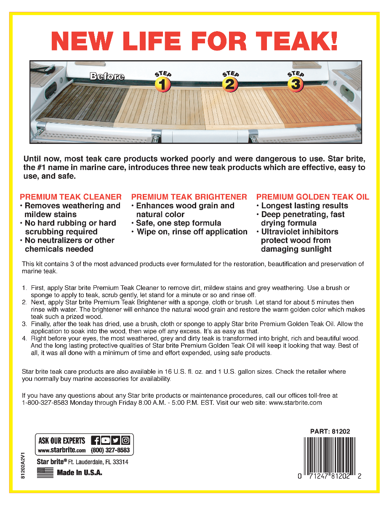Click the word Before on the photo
coord(107,77)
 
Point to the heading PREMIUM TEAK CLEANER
coord(71,197)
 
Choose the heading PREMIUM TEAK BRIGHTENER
coord(189,197)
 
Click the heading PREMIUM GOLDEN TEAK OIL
coord(312,197)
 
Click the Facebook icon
coord(96,441)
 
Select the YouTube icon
coord(106,441)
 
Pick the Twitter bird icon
coord(115,441)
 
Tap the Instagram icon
coord(125,441)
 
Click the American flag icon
coord(45,473)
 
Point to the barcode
coord(330,454)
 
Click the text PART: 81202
coord(330,431)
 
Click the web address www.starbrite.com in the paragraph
coord(295,403)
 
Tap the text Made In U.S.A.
coord(80,473)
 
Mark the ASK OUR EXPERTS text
coord(62,441)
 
